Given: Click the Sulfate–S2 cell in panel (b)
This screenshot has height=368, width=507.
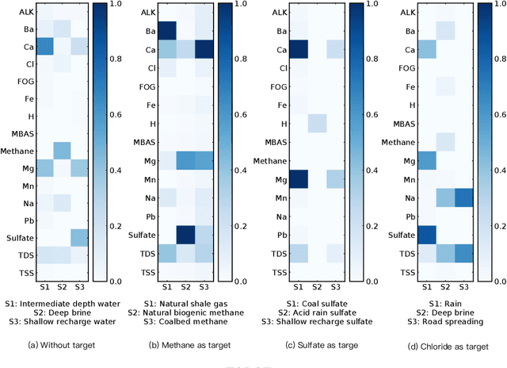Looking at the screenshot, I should coord(186,235).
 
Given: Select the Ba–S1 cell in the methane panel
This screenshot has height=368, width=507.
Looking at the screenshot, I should coord(167,31).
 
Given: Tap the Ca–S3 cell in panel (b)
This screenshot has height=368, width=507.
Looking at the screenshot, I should coord(205,50).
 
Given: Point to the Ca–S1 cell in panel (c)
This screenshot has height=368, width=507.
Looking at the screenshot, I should coord(299,50).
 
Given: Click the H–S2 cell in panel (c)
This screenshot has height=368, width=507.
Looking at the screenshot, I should coord(317,123).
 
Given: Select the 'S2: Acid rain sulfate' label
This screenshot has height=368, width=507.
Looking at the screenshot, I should coord(317,312).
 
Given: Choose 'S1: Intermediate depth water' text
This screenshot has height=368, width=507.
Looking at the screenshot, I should coord(62,303).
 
